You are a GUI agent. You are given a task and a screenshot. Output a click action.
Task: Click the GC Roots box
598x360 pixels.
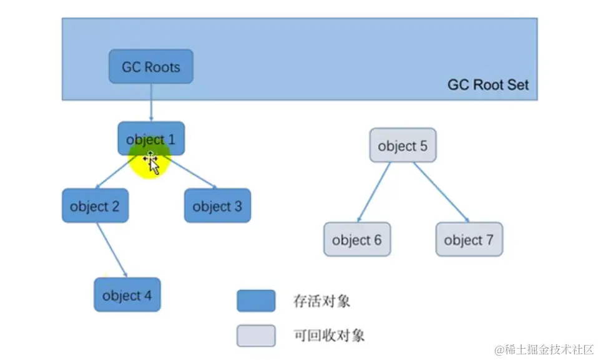pyautogui.click(x=150, y=67)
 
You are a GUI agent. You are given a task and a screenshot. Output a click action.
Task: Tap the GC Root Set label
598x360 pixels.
pyautogui.click(x=488, y=85)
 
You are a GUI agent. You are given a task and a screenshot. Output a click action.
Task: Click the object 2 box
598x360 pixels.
pyautogui.click(x=95, y=206)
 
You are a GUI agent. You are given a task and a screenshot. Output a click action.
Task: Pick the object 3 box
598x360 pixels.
pyautogui.click(x=217, y=206)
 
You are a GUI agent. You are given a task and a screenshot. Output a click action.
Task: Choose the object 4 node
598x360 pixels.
pyautogui.click(x=127, y=295)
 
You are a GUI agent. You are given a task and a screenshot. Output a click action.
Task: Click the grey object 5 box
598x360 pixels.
pyautogui.click(x=403, y=146)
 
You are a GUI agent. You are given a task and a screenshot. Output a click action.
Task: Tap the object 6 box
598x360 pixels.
pyautogui.click(x=357, y=240)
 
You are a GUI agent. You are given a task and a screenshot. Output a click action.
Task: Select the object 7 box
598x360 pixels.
pyautogui.click(x=469, y=240)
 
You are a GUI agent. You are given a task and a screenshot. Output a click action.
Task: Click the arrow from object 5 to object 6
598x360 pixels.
pyautogui.click(x=374, y=192)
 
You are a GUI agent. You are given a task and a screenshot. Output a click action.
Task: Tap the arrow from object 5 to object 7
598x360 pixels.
pyautogui.click(x=441, y=192)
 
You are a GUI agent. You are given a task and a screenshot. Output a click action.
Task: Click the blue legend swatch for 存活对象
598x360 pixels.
pyautogui.click(x=256, y=301)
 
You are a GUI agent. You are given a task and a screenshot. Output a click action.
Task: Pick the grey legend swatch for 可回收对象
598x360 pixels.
pyautogui.click(x=256, y=336)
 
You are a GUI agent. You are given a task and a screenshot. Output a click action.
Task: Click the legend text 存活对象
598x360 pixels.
pyautogui.click(x=321, y=301)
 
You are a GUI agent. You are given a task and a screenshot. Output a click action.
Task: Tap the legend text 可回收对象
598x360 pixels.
pyautogui.click(x=328, y=336)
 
